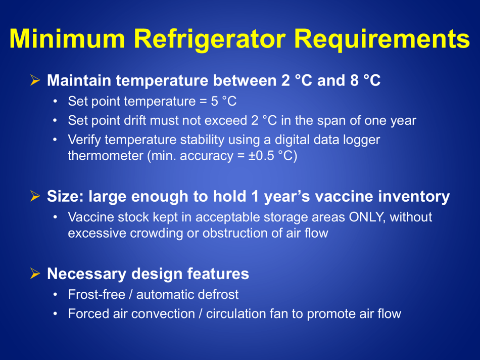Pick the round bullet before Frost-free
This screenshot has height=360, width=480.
pyautogui.click(x=57, y=294)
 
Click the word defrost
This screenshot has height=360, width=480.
pyautogui.click(x=218, y=294)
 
